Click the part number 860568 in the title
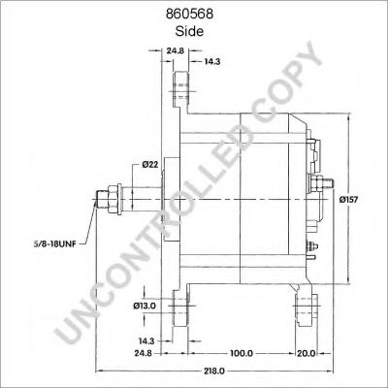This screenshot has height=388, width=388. click(189, 15)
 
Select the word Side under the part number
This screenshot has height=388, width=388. click(189, 31)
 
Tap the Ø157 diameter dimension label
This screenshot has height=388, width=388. click(348, 200)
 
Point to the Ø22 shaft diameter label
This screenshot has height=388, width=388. click(150, 164)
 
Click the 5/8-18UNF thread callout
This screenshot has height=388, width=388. click(54, 244)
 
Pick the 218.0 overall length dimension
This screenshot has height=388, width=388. click(214, 371)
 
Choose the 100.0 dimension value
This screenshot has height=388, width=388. click(242, 353)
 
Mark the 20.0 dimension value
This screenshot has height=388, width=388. click(307, 353)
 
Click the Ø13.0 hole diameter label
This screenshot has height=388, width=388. click(145, 306)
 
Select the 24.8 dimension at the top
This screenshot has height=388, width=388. click(176, 50)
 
